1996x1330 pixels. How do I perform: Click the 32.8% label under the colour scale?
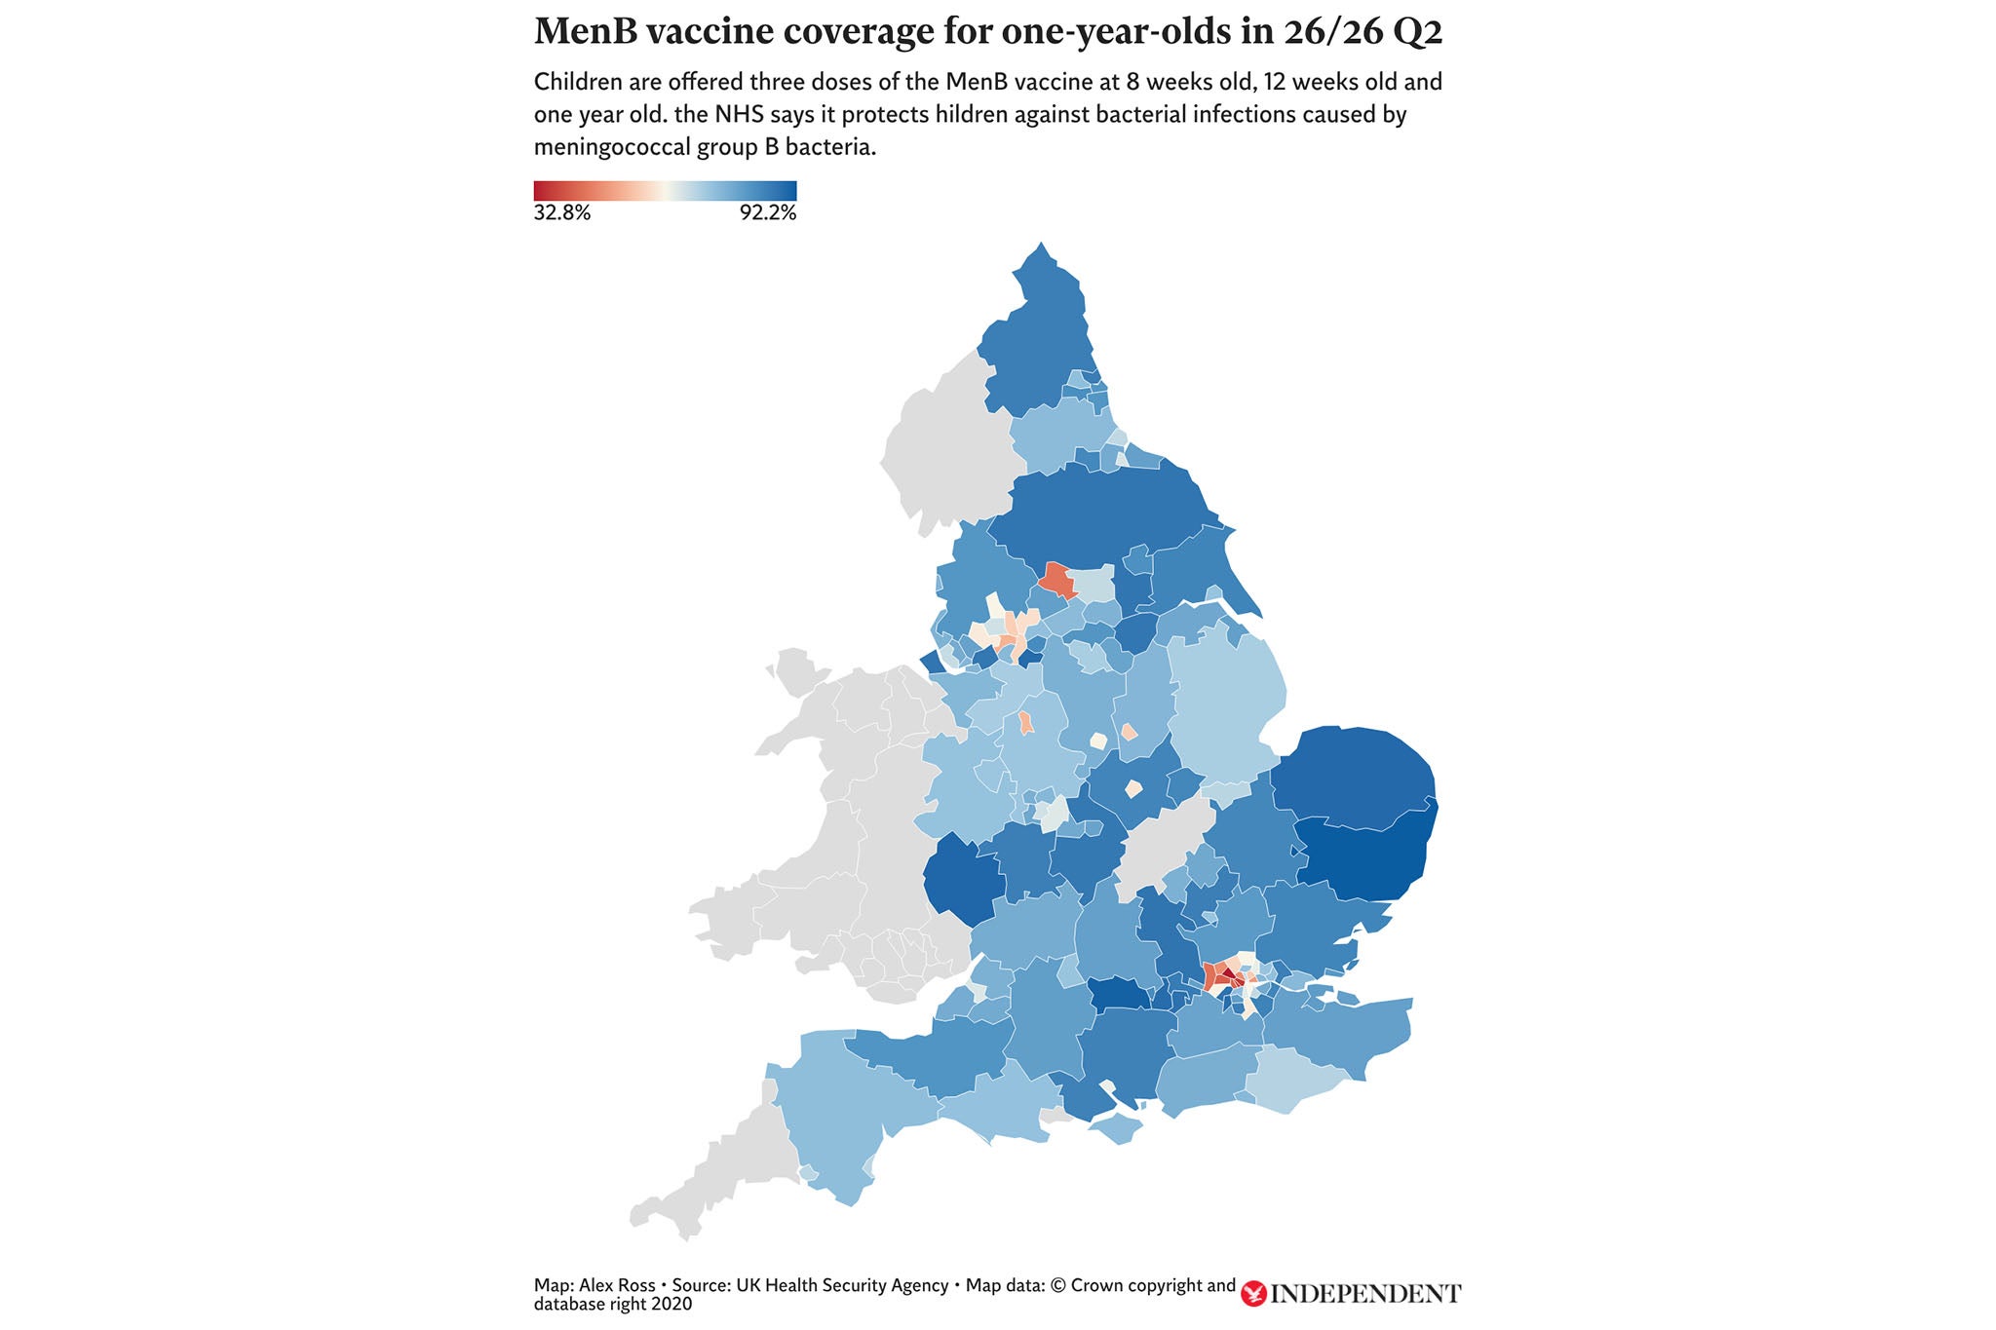(x=562, y=213)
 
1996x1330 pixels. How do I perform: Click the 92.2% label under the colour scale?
(x=767, y=213)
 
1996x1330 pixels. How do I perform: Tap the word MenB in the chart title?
(x=581, y=32)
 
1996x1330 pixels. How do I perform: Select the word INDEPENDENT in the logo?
(x=1365, y=1294)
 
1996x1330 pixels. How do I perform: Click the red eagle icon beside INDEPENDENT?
(x=1253, y=1294)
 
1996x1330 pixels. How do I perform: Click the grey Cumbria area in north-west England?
(x=940, y=448)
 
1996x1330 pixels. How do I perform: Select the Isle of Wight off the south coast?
(x=1115, y=1129)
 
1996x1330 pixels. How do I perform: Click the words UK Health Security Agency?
(x=842, y=1286)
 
